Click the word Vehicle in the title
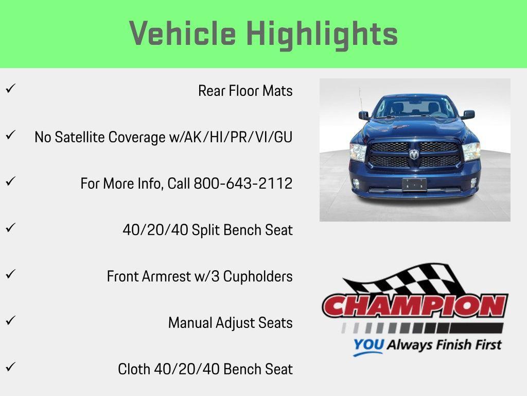(183, 34)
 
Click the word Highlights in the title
(322, 34)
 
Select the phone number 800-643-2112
(243, 184)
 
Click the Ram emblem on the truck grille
(414, 154)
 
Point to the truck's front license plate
(414, 184)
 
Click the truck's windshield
(414, 107)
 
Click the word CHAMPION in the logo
(415, 306)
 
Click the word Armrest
(156, 276)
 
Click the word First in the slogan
(486, 344)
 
